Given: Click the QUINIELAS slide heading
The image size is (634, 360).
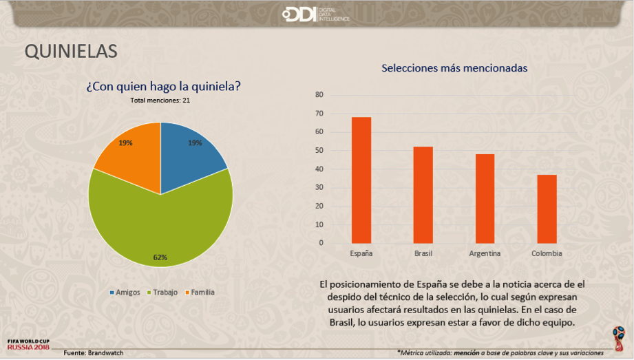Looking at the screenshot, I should click(71, 52).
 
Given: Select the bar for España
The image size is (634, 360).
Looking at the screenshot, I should click(361, 180).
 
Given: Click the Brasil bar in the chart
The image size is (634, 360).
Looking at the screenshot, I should click(423, 195).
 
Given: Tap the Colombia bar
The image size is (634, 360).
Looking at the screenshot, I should click(547, 209).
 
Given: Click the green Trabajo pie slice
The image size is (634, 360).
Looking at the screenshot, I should click(158, 220).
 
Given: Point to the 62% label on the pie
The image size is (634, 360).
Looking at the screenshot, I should click(160, 257).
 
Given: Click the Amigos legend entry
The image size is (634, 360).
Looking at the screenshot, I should click(125, 292).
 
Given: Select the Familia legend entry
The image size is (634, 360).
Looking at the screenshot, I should click(199, 292).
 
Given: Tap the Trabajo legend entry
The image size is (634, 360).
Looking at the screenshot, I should click(162, 292).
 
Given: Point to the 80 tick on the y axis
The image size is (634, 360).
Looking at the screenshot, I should click(319, 95).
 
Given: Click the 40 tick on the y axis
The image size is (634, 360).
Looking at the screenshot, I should click(319, 169).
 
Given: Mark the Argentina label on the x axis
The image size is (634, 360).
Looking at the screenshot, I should click(485, 253).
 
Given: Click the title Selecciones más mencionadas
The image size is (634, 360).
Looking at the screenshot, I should click(454, 69).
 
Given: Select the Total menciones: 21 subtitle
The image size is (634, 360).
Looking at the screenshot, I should click(160, 100).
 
